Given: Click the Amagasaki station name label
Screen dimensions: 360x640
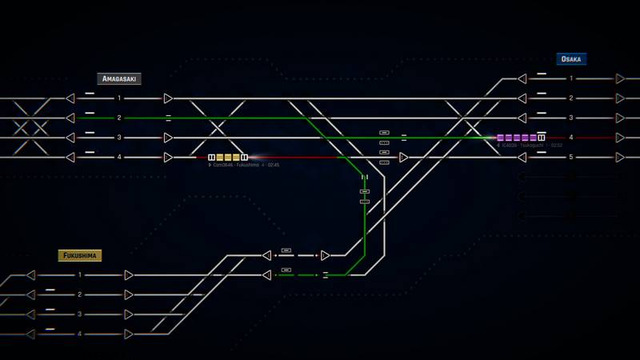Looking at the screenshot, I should [x=119, y=79].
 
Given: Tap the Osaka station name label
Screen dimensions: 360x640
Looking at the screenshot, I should [x=571, y=59].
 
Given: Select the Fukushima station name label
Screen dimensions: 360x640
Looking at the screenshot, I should [x=80, y=256].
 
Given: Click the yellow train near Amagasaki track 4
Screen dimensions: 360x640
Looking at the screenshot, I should [x=228, y=158].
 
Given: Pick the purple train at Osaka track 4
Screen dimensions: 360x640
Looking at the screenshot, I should [x=520, y=138].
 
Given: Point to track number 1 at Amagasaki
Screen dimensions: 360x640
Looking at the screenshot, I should [x=120, y=98].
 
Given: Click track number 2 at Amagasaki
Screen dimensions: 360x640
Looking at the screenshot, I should [x=120, y=118].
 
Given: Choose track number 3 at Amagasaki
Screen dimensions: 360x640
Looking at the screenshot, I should [x=120, y=138].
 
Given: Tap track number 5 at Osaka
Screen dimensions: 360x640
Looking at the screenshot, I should [x=571, y=157].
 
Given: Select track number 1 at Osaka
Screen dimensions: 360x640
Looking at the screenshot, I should [x=571, y=78].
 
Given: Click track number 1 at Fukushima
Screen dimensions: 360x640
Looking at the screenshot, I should [x=80, y=275].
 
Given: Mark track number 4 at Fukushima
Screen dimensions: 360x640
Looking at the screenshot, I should [x=80, y=334].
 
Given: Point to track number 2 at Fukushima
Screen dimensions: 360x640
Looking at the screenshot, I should [x=80, y=294].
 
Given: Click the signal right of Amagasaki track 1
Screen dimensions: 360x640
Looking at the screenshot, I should [x=168, y=98].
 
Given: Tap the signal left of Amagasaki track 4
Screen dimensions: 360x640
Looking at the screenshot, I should [x=70, y=158].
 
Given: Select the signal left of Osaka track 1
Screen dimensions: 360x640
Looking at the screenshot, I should [x=522, y=78].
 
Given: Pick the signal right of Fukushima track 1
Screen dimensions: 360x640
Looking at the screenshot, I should [x=129, y=275].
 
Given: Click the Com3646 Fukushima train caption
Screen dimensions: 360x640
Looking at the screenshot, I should [x=245, y=166].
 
